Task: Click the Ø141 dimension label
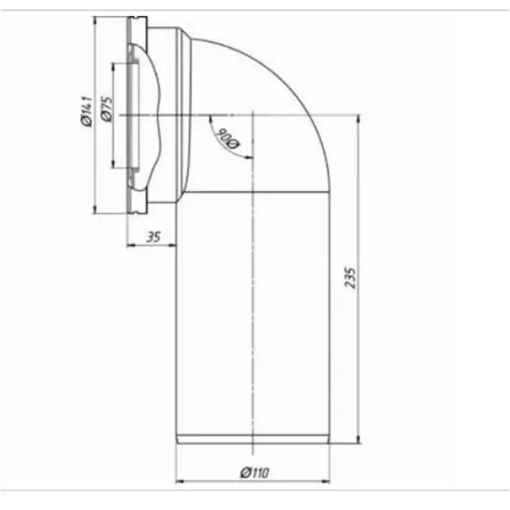(87, 111)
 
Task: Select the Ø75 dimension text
(107, 109)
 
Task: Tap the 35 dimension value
(153, 237)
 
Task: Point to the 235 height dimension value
(350, 278)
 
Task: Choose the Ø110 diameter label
(254, 472)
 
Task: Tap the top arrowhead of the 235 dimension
(358, 119)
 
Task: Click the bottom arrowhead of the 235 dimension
(358, 439)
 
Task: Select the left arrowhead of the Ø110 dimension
(180, 481)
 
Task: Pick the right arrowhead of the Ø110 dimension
(325, 481)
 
